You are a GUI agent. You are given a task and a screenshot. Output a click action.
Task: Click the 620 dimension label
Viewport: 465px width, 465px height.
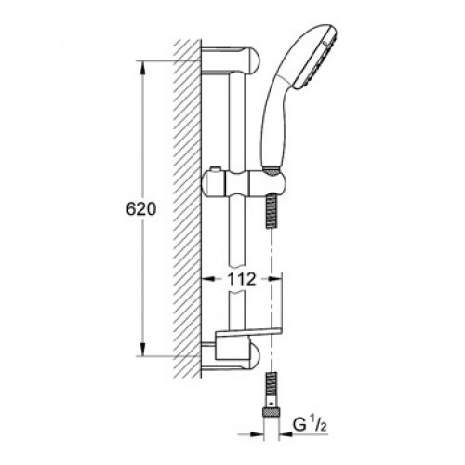click(x=141, y=209)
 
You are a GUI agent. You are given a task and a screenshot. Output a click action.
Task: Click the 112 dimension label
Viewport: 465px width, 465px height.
click(x=242, y=279)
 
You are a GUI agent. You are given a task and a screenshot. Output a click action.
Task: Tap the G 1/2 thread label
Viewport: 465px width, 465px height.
click(x=311, y=425)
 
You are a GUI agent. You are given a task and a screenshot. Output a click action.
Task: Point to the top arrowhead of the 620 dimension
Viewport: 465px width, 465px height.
click(x=142, y=68)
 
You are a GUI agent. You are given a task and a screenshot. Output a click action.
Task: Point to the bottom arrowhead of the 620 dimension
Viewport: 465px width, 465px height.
click(x=142, y=350)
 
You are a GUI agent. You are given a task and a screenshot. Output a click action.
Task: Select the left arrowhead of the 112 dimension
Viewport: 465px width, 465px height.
click(x=207, y=279)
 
